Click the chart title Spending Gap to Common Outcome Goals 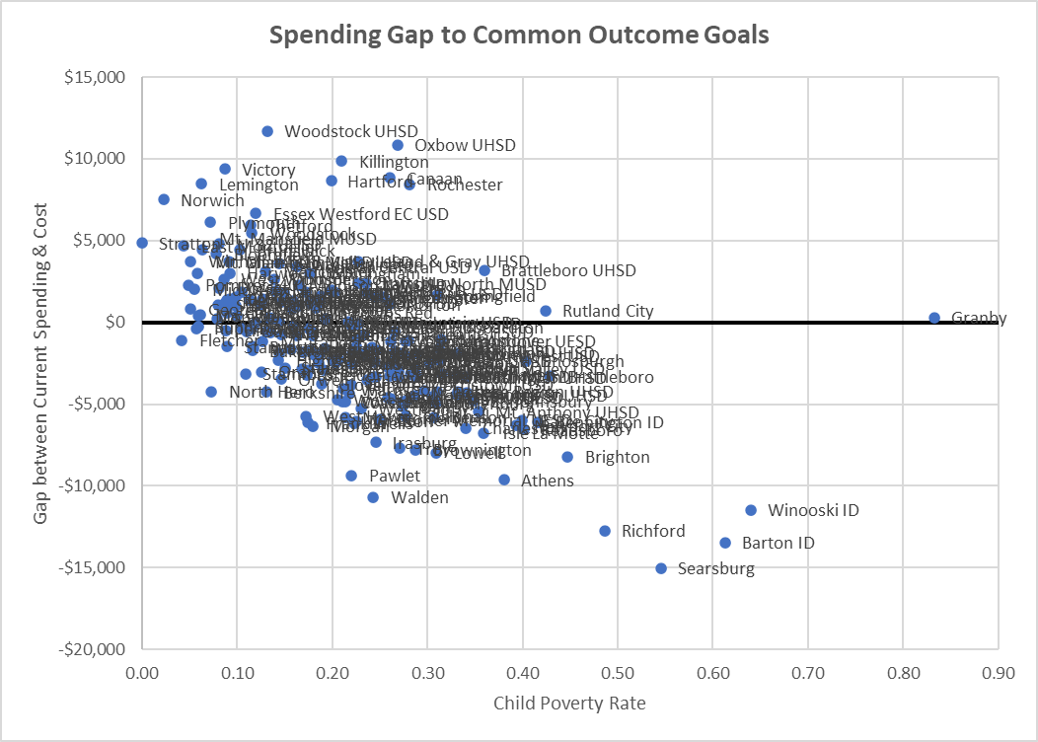(519, 36)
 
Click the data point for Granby (934, 318)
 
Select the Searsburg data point (661, 568)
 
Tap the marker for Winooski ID (751, 510)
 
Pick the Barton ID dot (725, 543)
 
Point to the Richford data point (605, 531)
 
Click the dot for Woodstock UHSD (267, 131)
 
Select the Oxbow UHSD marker (398, 145)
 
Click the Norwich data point (164, 199)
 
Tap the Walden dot (373, 497)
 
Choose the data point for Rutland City (546, 311)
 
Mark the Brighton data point (567, 457)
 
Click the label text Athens (547, 482)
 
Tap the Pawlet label (394, 476)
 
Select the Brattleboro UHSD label (568, 270)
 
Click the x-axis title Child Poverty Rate (569, 703)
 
